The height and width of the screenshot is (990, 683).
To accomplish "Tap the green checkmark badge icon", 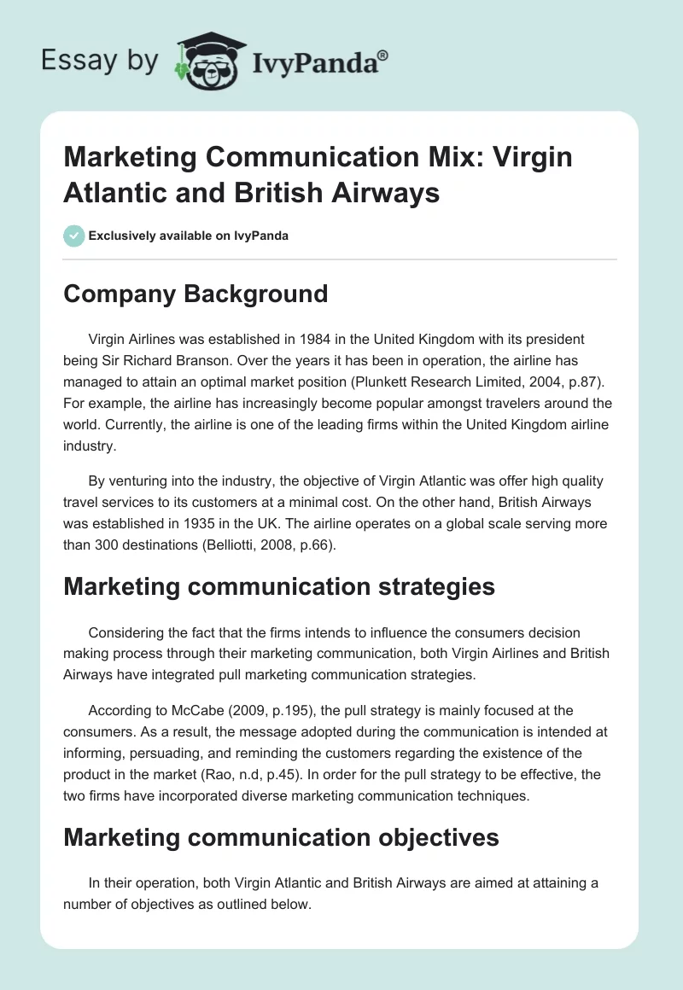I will click(74, 236).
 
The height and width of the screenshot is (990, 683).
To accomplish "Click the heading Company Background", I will click(196, 294).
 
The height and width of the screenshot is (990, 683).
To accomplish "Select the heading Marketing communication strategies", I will click(278, 586).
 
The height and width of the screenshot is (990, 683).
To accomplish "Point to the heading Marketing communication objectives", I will click(281, 837).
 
